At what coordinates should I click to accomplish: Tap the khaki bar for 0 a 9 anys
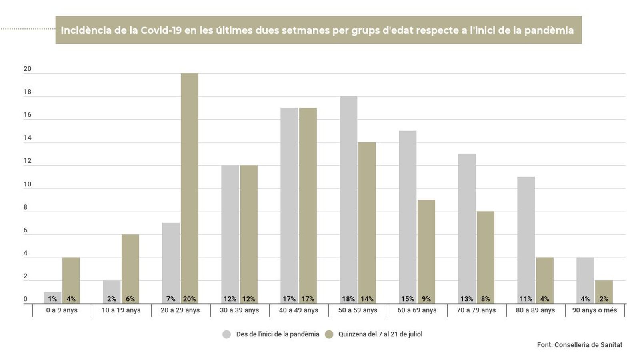pyautogui.click(x=71, y=276)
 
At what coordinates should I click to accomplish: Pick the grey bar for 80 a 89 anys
pyautogui.click(x=526, y=236)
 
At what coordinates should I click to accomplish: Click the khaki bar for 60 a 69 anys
pyautogui.click(x=426, y=248)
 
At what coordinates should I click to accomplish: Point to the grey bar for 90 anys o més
pyautogui.click(x=585, y=276)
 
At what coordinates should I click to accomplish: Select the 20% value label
pyautogui.click(x=189, y=299)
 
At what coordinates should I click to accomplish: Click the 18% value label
pyautogui.click(x=348, y=299)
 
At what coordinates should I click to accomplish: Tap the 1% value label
pyautogui.click(x=52, y=299)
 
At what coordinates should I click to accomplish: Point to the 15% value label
pyautogui.click(x=408, y=299)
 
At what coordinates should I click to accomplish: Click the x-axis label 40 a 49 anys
pyautogui.click(x=299, y=310)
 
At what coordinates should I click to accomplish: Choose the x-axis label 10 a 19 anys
pyautogui.click(x=121, y=310)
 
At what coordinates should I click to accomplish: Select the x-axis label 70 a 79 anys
pyautogui.click(x=476, y=310)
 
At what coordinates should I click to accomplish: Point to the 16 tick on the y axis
pyautogui.click(x=27, y=115)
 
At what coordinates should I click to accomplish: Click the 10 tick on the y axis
pyautogui.click(x=27, y=184)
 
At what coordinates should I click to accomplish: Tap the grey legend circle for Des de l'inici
pyautogui.click(x=227, y=334)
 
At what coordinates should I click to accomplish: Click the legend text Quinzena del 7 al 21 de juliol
pyautogui.click(x=380, y=334)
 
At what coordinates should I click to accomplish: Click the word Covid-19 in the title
pyautogui.click(x=161, y=30)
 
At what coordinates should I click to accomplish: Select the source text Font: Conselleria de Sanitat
pyautogui.click(x=580, y=345)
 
